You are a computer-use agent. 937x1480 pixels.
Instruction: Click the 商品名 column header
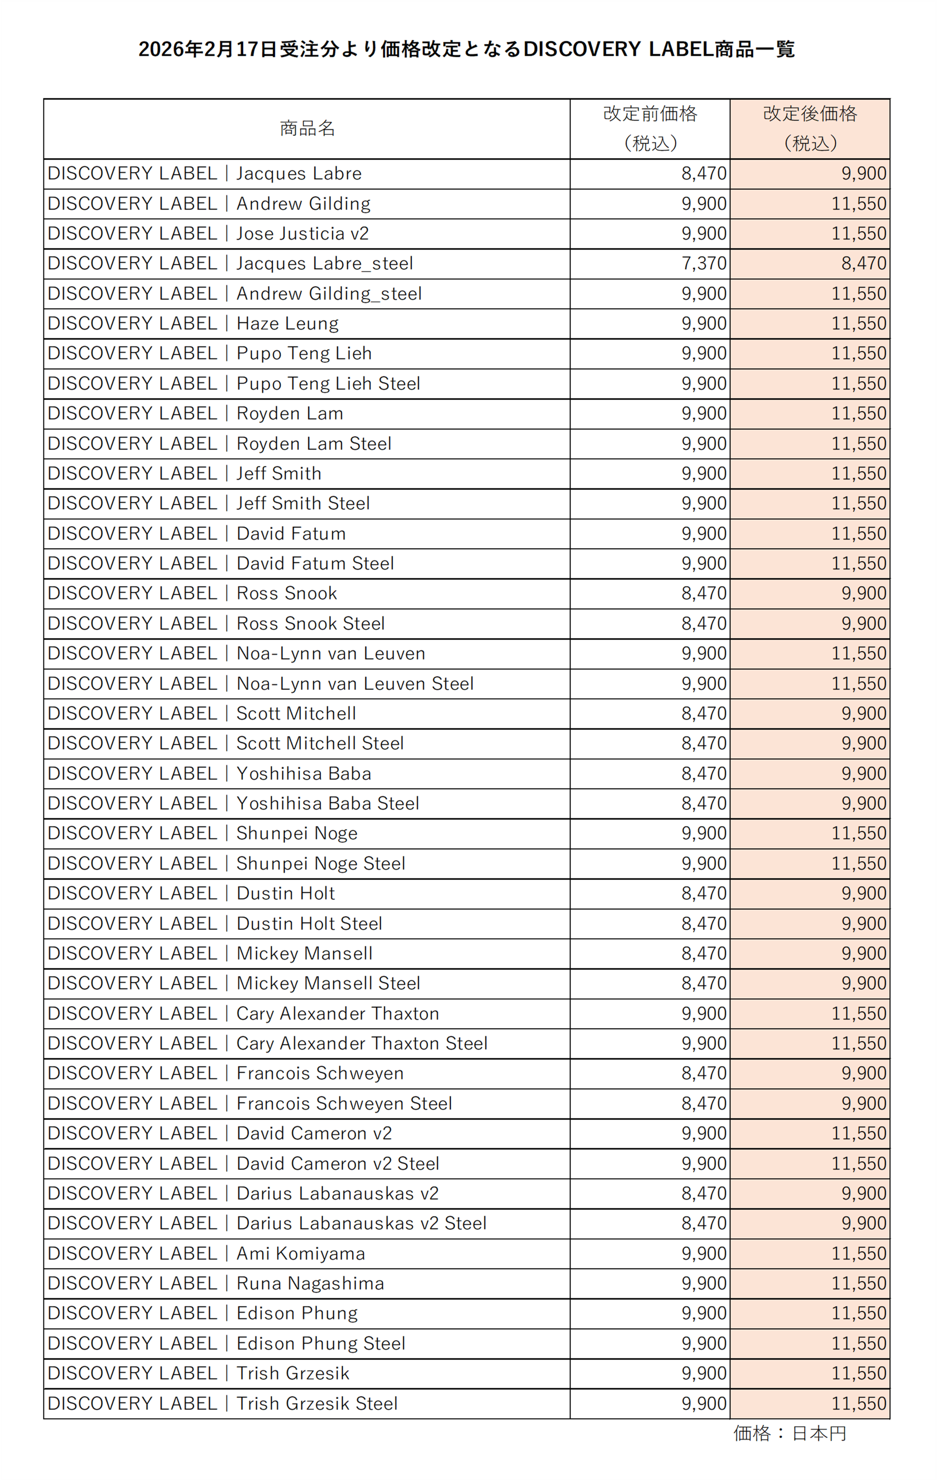click(307, 128)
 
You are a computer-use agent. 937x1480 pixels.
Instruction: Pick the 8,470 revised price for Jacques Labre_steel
click(863, 264)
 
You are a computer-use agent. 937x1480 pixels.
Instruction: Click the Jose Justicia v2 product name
click(303, 234)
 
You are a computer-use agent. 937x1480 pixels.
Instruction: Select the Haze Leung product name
click(287, 323)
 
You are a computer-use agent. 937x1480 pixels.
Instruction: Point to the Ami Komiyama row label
click(301, 1253)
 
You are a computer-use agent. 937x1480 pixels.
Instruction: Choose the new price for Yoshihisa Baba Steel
click(863, 803)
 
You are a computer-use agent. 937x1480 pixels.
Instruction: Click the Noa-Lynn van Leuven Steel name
click(355, 684)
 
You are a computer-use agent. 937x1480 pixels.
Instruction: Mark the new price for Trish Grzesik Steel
click(858, 1403)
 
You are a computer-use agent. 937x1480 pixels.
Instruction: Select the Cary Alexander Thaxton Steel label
click(362, 1043)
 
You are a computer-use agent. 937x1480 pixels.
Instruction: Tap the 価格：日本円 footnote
click(789, 1433)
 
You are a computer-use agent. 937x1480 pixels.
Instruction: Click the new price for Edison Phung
click(858, 1313)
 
